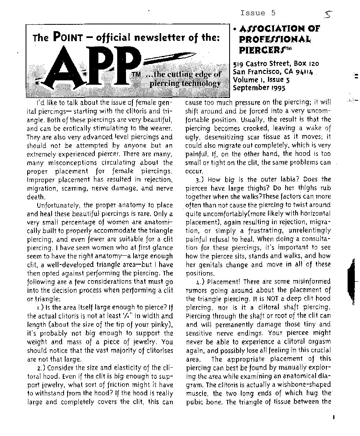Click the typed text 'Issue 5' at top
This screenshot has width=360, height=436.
pos(258,13)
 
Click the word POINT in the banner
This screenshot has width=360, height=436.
pos(67,38)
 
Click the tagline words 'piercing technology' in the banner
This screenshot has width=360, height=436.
pos(185,84)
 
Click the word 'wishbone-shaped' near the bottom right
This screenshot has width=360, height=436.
pos(306,384)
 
